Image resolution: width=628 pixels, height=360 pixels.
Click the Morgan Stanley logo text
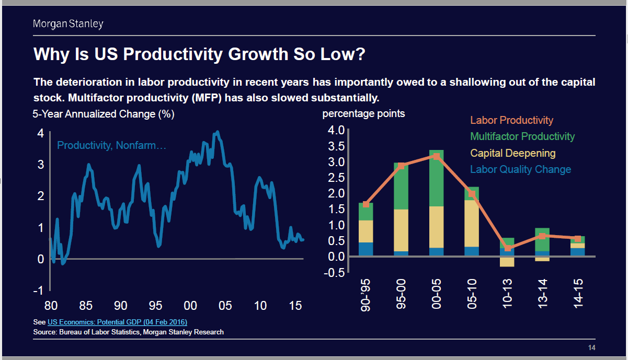(x=68, y=24)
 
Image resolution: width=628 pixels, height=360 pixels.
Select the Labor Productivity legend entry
(x=511, y=120)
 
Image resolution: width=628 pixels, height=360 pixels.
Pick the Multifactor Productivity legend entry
(x=522, y=136)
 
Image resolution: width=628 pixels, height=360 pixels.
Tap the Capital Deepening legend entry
(x=512, y=153)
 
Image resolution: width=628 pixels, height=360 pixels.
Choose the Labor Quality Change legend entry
(x=520, y=169)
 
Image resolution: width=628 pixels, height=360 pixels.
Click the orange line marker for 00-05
(x=437, y=156)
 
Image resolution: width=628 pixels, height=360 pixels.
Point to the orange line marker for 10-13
(x=508, y=248)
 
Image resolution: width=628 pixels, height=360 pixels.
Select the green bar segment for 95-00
(x=401, y=186)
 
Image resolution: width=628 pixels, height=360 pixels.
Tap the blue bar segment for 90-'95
(x=366, y=249)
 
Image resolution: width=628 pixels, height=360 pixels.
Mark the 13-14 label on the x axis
(x=543, y=293)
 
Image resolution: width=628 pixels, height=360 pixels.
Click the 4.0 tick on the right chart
(x=336, y=130)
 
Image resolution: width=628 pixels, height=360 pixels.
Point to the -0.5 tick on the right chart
(x=335, y=272)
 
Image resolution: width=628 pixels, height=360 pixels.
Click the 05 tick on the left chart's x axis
(x=225, y=306)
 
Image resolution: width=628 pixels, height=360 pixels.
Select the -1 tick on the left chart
(x=40, y=291)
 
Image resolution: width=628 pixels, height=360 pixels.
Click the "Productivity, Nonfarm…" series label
(x=111, y=146)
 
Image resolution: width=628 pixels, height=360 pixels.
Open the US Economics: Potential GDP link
(x=117, y=322)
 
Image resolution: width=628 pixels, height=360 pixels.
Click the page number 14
(x=591, y=348)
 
